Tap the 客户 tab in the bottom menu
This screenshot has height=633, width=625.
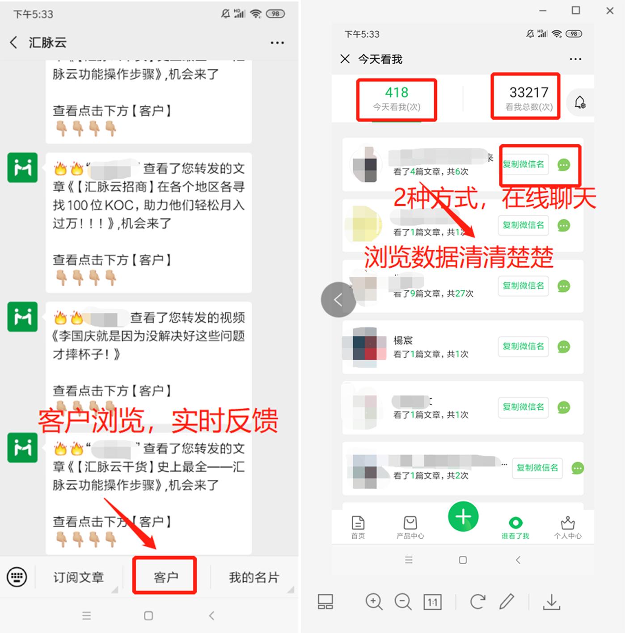coord(165,577)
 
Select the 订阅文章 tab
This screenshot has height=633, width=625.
coord(78,577)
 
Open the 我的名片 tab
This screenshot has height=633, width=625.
coord(253,577)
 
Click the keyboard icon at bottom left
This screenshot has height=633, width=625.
coord(17,577)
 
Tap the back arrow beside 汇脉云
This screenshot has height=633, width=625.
coord(13,42)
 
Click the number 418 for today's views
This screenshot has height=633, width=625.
coord(397,92)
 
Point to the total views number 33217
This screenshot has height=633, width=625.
coord(528,92)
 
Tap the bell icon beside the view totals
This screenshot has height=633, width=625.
coord(580,102)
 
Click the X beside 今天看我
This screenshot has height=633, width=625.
coord(345,59)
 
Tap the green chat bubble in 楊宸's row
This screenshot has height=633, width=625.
coord(564,347)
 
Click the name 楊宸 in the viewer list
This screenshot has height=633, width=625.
coord(403,340)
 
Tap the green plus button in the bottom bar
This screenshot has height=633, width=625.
coord(463,516)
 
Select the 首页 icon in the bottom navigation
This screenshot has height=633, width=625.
coord(358,526)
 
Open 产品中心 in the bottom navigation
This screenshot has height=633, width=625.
coord(410,526)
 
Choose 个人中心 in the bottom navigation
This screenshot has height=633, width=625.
coord(568,526)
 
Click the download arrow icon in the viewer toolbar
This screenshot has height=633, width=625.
coord(552,602)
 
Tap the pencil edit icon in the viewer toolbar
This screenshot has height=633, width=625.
coord(507,601)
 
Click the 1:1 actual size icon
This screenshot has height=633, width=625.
coord(432,602)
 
